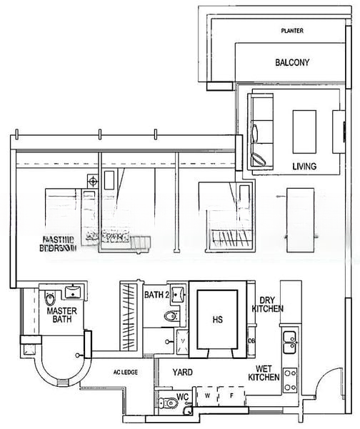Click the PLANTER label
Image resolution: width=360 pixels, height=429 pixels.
292,31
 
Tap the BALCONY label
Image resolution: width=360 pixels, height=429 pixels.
292,63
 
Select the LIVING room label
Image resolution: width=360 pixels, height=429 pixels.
304,167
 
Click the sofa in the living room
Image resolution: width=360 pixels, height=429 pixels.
261,130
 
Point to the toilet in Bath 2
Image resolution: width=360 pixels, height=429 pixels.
171,315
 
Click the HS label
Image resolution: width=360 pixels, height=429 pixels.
217,320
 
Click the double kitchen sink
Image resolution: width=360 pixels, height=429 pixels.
289,341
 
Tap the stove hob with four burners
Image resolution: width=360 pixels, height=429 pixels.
290,380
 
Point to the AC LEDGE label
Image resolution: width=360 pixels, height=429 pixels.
126,373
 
